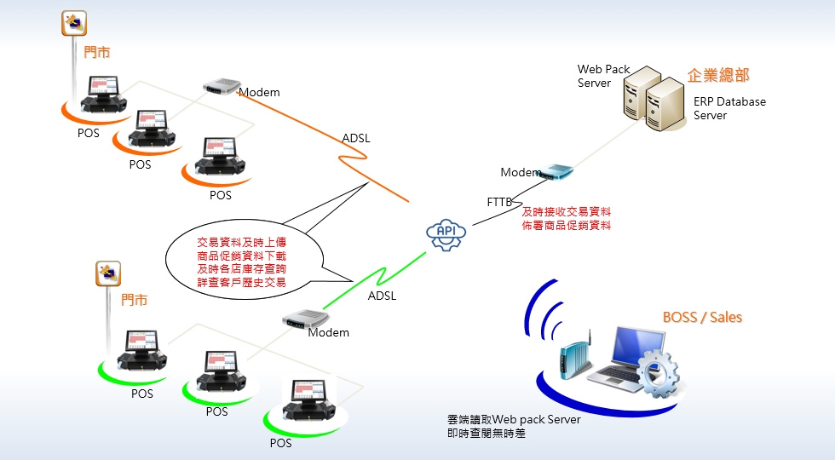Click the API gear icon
point(446,233)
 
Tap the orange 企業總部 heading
point(717,76)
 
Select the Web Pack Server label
point(603,76)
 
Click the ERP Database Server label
point(728,108)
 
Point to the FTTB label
point(499,202)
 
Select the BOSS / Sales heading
point(702,318)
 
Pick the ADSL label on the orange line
point(356,138)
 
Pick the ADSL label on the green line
point(382,296)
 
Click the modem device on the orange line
point(220,87)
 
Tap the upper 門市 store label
point(97,52)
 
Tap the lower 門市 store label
point(134,300)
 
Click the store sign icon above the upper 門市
point(75,23)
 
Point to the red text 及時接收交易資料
point(566,212)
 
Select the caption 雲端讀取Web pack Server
point(514,420)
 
